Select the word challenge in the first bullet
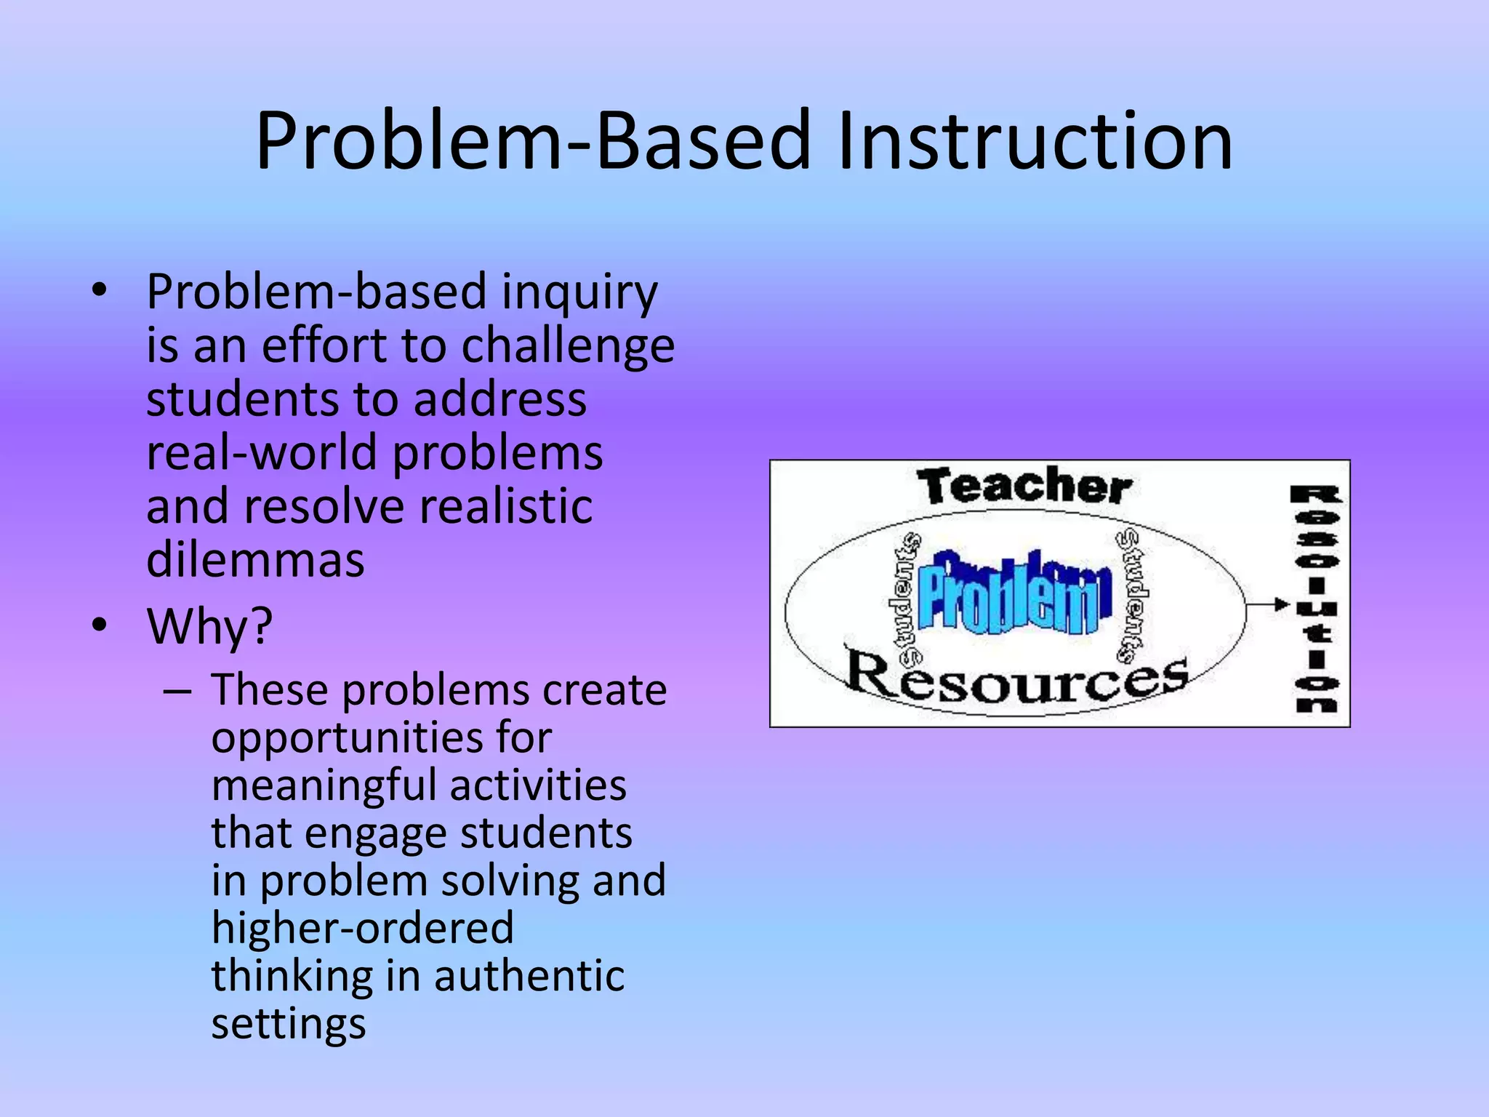pyautogui.click(x=568, y=346)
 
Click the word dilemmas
pyautogui.click(x=255, y=560)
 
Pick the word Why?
pyautogui.click(x=209, y=625)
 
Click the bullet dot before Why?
pyautogui.click(x=100, y=625)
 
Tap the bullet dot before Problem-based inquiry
pyautogui.click(x=100, y=292)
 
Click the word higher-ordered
pyautogui.click(x=362, y=929)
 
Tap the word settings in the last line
pyautogui.click(x=289, y=1024)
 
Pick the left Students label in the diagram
pyautogui.click(x=906, y=600)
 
